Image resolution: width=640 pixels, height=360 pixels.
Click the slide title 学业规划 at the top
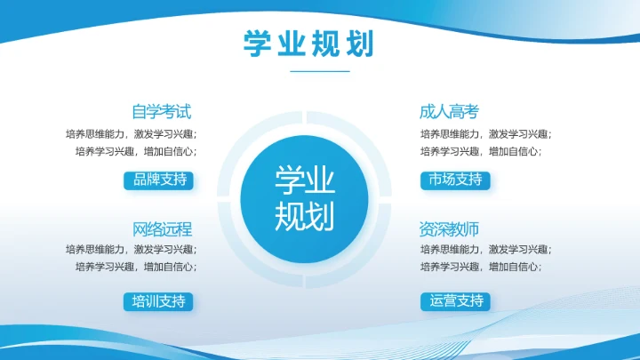tap(308, 43)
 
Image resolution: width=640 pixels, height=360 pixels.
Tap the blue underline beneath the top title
tap(320, 71)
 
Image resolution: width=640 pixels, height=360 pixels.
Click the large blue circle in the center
tap(304, 198)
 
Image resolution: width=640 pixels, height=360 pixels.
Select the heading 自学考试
tap(161, 112)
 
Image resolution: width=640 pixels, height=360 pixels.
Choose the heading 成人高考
tap(449, 112)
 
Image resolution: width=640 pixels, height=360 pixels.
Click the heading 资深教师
tap(449, 229)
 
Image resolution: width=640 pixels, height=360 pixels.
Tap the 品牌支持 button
tap(158, 180)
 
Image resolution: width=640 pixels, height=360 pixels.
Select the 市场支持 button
tap(454, 180)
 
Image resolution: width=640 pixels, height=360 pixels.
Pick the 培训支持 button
tap(158, 301)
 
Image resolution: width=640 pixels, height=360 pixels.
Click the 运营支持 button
tap(455, 301)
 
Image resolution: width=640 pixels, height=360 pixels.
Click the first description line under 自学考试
tap(132, 134)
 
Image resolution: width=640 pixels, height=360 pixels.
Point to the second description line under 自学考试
tap(136, 151)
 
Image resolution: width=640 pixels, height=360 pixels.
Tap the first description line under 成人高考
tap(485, 134)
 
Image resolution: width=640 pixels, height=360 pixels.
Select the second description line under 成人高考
tap(480, 151)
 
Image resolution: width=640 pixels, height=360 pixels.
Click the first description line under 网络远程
tap(132, 249)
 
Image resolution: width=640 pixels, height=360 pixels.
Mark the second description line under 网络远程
tap(136, 266)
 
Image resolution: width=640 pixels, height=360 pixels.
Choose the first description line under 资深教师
tap(485, 249)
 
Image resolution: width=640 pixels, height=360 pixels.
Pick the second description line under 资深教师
tap(480, 266)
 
